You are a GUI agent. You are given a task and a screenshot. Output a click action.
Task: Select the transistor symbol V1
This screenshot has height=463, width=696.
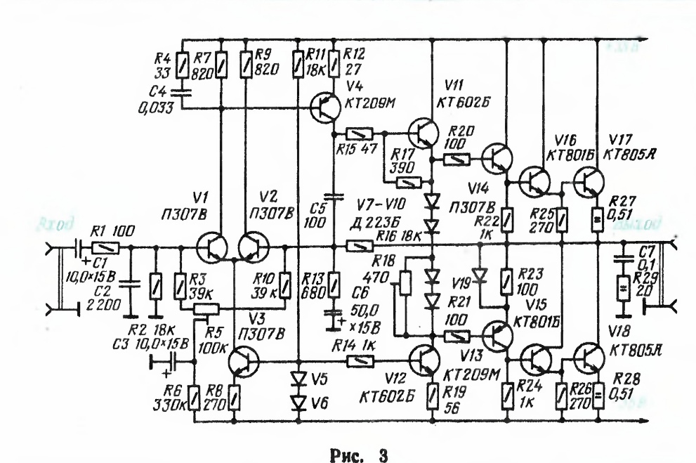coord(213,247)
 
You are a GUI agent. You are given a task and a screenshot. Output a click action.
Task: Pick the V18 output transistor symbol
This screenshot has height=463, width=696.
coord(587,360)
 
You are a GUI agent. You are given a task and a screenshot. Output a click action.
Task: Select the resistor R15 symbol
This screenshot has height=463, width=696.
coord(358,133)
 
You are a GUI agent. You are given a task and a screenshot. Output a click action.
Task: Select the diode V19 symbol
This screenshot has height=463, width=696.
coord(480,273)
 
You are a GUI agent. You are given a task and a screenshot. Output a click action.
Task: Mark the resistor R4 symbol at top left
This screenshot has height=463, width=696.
coord(182,66)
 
